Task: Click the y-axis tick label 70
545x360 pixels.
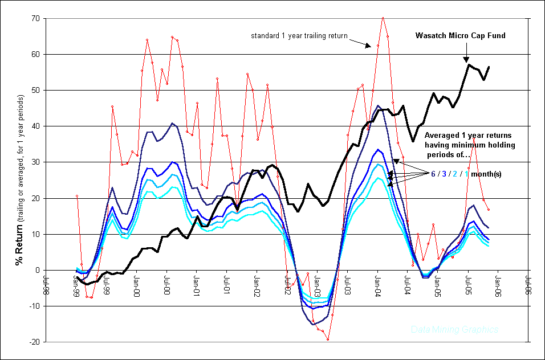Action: [x=35, y=18]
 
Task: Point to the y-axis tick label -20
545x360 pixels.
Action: [x=34, y=342]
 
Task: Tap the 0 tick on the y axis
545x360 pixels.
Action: [x=37, y=271]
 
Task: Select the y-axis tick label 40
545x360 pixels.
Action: [x=35, y=126]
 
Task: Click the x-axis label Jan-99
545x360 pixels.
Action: [x=78, y=283]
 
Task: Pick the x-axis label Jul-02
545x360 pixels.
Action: [x=288, y=283]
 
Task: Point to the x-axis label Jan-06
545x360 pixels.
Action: [x=498, y=283]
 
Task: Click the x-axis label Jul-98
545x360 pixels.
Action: [x=47, y=283]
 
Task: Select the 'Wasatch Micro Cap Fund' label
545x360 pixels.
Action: [x=461, y=36]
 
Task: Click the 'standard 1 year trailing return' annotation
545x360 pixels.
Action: [x=299, y=36]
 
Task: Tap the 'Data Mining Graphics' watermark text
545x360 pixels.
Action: [x=454, y=330]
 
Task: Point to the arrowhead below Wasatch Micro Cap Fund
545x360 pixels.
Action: [x=466, y=60]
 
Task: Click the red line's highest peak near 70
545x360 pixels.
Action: [x=383, y=18]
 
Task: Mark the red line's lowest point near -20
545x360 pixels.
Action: [x=328, y=339]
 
